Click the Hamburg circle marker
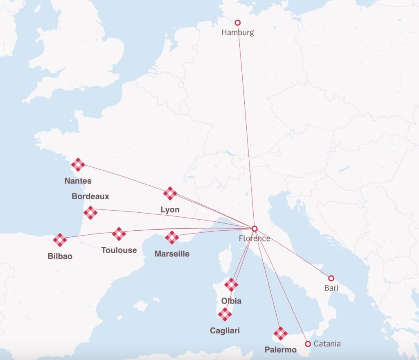(x=237, y=22)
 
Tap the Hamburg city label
(x=237, y=32)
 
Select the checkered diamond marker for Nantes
(x=78, y=165)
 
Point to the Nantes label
(x=78, y=181)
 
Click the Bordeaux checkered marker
(x=90, y=213)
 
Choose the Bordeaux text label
(x=90, y=196)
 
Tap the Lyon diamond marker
(x=170, y=193)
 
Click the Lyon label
(x=170, y=210)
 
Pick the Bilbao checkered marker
(x=60, y=240)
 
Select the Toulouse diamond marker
(x=119, y=234)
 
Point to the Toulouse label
(x=119, y=250)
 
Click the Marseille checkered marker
(x=172, y=238)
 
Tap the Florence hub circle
(x=254, y=228)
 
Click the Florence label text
(x=255, y=238)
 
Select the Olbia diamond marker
(x=231, y=285)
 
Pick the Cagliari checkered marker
(x=225, y=315)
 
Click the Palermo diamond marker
(x=280, y=334)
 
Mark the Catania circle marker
(x=308, y=344)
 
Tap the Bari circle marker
(x=331, y=278)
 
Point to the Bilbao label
(x=60, y=256)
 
